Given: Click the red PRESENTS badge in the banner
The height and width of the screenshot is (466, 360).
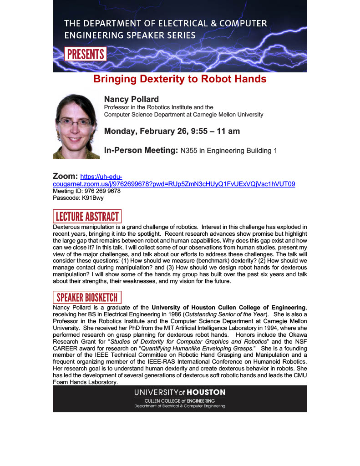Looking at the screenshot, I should pos(86,54).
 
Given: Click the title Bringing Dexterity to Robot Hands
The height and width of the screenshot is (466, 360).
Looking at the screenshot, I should pos(180,79).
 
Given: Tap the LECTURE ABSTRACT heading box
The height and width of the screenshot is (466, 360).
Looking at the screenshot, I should pos(87,216).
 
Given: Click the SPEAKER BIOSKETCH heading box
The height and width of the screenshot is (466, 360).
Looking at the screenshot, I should pos(87,298).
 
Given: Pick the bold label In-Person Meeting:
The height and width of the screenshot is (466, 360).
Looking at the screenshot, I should pos(141,150).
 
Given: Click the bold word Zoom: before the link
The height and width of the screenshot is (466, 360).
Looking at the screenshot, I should pos(66,176).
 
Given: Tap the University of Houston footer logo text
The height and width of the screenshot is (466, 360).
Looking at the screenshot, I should pos(179,392).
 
